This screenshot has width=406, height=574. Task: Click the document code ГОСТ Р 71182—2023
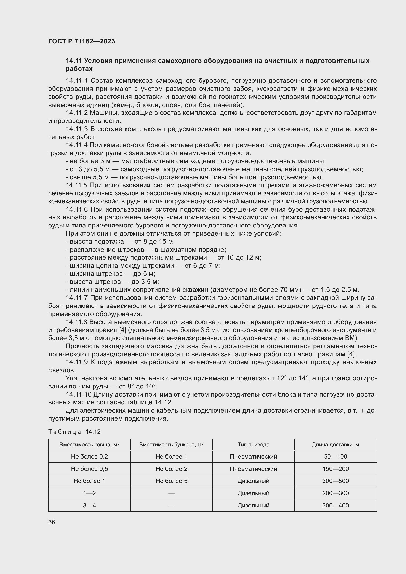[x=81, y=41]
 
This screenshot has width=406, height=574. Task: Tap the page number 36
[x=52, y=522]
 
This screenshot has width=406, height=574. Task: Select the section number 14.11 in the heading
[x=74, y=61]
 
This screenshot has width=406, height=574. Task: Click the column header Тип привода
[x=253, y=445]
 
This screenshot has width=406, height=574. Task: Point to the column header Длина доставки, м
[x=335, y=445]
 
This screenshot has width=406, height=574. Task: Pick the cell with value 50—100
[x=335, y=457]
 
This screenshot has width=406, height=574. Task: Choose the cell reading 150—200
[x=335, y=469]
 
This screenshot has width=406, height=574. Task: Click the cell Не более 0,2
[x=89, y=457]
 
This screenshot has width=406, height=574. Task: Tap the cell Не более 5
[x=171, y=481]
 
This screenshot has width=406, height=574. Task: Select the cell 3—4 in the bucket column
[x=89, y=506]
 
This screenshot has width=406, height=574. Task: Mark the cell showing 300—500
[x=335, y=481]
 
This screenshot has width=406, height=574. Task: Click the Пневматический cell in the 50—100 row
[x=253, y=457]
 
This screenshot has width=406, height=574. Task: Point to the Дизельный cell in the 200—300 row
[x=253, y=493]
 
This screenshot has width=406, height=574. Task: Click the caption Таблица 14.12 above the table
[x=74, y=432]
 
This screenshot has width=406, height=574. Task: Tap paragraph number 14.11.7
[x=77, y=298]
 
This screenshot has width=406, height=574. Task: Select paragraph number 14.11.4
[x=77, y=145]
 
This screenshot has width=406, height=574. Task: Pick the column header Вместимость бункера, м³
[x=171, y=445]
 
